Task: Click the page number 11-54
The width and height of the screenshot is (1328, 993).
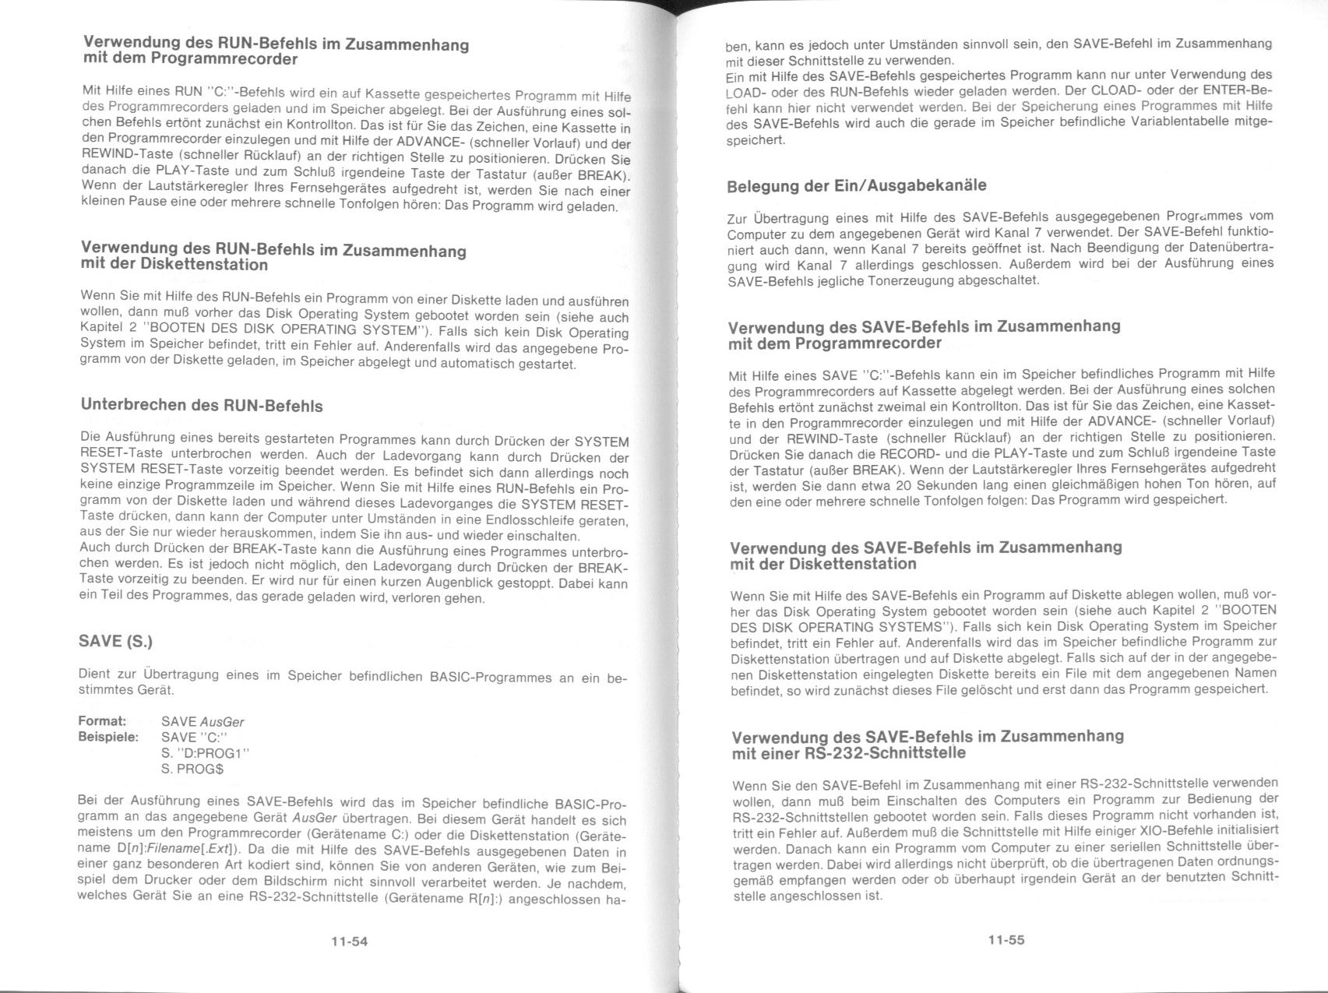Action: [x=348, y=941]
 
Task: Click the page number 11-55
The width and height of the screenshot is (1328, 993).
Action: [x=1006, y=940]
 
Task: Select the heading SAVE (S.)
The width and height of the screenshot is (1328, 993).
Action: [x=115, y=641]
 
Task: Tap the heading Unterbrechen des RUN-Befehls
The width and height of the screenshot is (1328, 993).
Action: [x=201, y=406]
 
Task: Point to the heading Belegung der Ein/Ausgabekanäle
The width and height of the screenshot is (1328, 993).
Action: [x=856, y=186]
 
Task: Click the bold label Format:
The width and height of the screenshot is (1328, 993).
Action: [x=102, y=721]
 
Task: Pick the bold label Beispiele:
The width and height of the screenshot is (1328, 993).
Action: [x=108, y=737]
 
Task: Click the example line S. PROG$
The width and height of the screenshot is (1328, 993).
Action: [x=192, y=769]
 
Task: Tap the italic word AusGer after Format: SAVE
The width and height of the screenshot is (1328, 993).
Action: [x=222, y=722]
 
